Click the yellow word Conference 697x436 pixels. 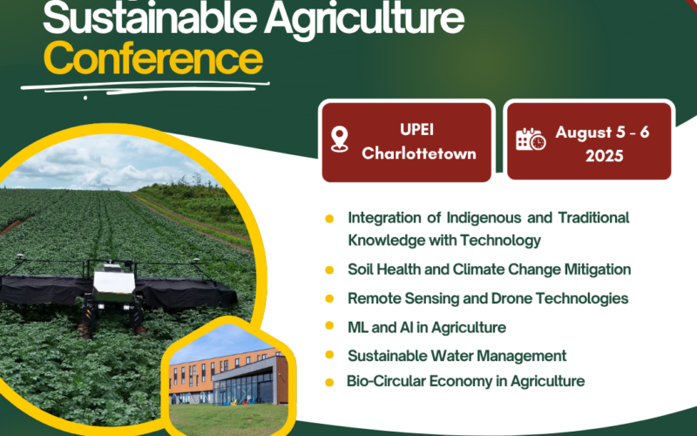[x=153, y=58]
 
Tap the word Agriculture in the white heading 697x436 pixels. [x=364, y=18]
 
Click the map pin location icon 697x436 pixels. [x=339, y=139]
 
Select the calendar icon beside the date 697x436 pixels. [x=531, y=140]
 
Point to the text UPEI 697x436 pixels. [x=416, y=129]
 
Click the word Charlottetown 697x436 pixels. [x=419, y=153]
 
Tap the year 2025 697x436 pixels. [x=604, y=156]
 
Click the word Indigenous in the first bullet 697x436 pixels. [x=484, y=218]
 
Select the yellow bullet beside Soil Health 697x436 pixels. [x=329, y=270]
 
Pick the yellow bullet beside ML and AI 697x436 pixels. [x=329, y=325]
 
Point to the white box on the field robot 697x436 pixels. [x=114, y=282]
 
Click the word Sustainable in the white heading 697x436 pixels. [x=150, y=18]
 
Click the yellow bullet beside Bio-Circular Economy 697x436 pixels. [x=329, y=383]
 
